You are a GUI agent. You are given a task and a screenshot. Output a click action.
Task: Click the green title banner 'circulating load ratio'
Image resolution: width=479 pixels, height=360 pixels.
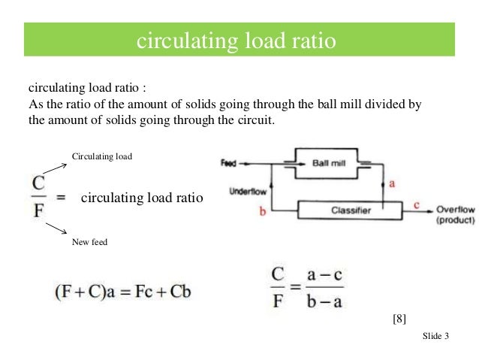pos(239,40)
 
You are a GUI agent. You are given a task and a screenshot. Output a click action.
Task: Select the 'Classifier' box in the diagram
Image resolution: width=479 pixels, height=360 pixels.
pos(351,210)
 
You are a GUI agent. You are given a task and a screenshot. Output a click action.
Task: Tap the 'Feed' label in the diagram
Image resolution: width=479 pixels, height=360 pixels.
pos(227,162)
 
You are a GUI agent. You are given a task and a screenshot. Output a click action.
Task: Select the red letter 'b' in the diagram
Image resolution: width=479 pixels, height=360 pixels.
pos(262,213)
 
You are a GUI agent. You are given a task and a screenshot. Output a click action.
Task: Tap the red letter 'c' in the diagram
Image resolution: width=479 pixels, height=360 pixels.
pos(417,203)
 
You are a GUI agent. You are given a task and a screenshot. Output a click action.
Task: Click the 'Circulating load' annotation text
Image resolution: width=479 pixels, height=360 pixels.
pos(101,156)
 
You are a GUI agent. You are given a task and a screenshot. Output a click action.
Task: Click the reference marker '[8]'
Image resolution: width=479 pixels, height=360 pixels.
pos(399,319)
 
